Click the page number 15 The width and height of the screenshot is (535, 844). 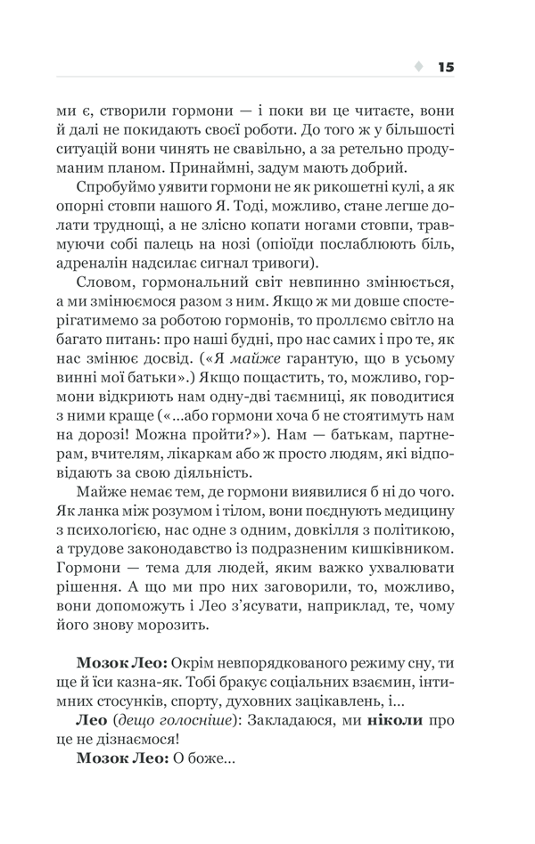click(446, 67)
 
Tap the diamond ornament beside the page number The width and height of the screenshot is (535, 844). click(418, 67)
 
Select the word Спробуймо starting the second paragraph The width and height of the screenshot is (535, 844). click(116, 191)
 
